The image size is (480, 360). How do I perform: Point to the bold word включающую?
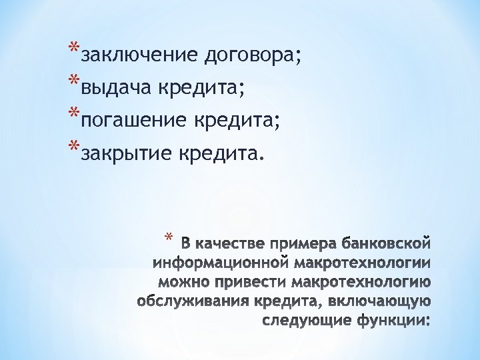click(380, 301)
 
